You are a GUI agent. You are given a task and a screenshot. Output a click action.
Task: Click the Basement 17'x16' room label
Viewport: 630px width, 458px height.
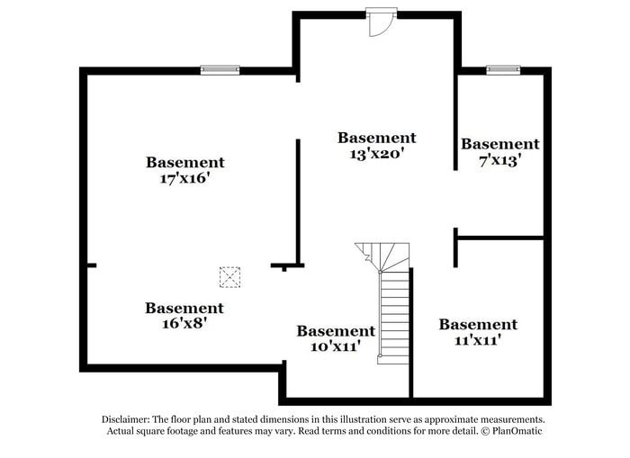tap(184, 170)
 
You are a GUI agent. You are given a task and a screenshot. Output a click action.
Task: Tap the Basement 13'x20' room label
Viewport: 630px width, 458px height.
tap(376, 145)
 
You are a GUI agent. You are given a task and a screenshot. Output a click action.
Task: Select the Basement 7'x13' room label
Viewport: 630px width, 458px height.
tap(499, 151)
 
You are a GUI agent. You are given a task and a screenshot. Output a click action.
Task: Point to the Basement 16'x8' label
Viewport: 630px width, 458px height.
tap(184, 315)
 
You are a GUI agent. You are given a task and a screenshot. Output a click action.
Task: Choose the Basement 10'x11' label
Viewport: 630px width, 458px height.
tap(336, 338)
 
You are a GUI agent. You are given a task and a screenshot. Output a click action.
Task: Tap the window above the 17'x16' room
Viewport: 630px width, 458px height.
tap(220, 69)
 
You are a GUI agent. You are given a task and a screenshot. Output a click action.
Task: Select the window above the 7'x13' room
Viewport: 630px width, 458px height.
tap(503, 69)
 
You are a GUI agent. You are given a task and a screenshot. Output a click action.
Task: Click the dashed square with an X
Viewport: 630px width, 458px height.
tap(230, 276)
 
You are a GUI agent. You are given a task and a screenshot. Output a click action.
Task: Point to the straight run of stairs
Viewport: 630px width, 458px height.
tap(394, 315)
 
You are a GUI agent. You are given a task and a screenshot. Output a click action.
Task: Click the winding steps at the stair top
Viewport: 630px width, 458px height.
tap(383, 256)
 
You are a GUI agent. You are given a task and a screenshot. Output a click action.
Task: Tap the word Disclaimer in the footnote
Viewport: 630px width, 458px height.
tap(123, 419)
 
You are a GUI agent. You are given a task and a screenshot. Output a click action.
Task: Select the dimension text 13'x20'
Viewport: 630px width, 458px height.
tap(376, 153)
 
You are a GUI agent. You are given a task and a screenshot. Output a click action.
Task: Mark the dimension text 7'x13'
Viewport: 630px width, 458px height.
tap(499, 160)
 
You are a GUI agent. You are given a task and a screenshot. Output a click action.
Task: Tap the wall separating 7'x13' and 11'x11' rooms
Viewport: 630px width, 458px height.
tap(500, 238)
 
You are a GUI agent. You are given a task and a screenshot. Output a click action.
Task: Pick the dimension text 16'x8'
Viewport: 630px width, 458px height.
tap(184, 323)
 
